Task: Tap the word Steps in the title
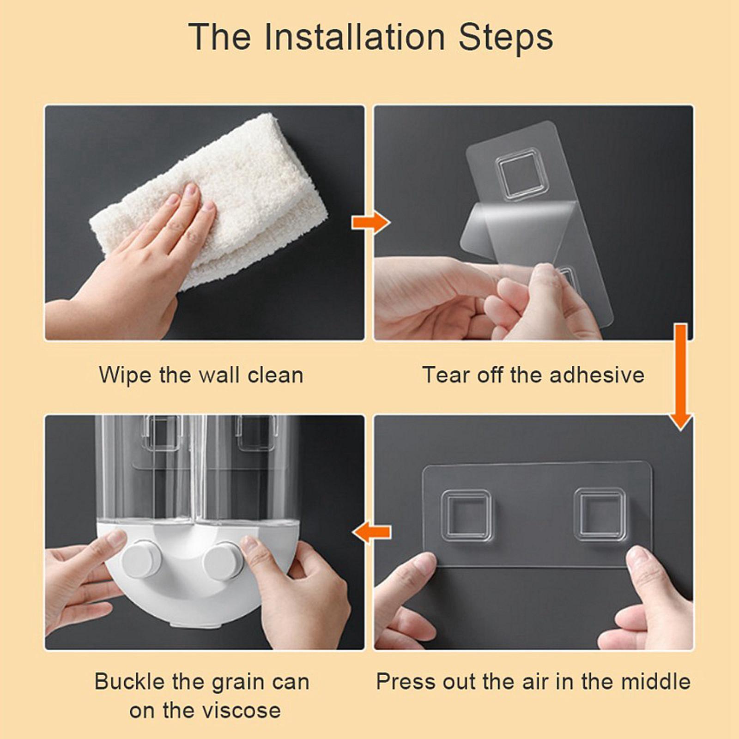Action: coord(506,37)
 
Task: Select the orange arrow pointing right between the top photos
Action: coord(371,223)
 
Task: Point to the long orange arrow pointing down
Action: coord(680,377)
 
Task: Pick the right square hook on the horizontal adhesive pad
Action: coord(600,515)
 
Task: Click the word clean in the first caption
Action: coord(275,375)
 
